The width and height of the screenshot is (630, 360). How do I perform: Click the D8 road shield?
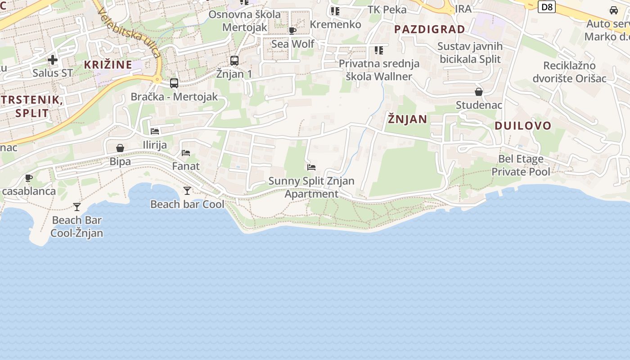[x=547, y=7]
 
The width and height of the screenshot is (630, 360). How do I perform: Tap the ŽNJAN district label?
[x=407, y=119]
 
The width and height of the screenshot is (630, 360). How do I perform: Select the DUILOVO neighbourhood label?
[x=523, y=126]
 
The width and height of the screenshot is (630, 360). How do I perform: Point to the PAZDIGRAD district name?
[x=430, y=29]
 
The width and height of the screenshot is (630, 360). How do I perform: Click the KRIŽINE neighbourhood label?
[x=108, y=64]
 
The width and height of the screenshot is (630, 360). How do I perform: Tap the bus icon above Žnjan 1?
[x=234, y=60]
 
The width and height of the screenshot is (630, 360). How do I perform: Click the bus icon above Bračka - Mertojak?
[x=174, y=83]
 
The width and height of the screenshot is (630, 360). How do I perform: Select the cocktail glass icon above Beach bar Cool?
[x=187, y=191]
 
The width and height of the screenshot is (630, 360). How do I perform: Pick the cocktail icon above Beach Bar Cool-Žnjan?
[x=77, y=207]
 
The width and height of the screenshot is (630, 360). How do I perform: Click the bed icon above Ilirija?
[x=155, y=131]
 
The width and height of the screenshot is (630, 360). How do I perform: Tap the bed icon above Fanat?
[x=186, y=153]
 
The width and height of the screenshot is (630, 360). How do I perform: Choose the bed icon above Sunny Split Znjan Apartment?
[x=311, y=167]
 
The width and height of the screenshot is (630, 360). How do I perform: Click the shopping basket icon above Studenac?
[x=479, y=92]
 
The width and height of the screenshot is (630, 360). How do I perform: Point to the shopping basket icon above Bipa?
[x=120, y=148]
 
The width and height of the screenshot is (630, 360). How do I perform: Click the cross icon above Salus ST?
[x=53, y=59]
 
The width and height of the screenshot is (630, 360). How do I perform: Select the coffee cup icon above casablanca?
[x=29, y=178]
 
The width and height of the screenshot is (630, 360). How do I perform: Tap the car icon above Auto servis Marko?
[x=614, y=10]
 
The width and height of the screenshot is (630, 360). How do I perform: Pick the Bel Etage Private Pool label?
[x=521, y=165]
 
